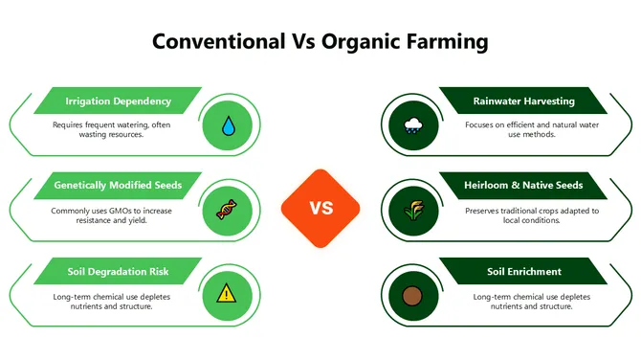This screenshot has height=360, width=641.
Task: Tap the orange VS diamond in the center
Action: (320, 208)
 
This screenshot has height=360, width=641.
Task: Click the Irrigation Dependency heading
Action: (118, 101)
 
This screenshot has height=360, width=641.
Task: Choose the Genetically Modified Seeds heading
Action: (118, 185)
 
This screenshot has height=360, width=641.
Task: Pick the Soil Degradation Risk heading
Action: (118, 271)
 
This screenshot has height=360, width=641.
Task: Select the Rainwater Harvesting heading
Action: (523, 101)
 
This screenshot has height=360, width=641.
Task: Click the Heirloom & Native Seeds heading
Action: (523, 185)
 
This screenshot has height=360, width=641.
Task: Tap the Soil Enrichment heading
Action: (523, 271)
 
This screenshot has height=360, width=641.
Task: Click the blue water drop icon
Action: (228, 125)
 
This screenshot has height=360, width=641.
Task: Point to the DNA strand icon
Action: (228, 209)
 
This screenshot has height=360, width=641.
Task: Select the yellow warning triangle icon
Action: (226, 293)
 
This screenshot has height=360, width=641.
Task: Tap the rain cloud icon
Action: (413, 125)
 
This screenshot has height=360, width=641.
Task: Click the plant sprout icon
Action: (413, 209)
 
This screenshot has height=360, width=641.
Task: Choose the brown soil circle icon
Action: (413, 293)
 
